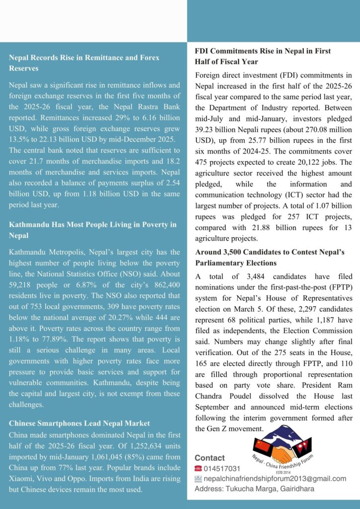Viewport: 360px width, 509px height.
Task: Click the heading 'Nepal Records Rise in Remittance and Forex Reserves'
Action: tap(84, 63)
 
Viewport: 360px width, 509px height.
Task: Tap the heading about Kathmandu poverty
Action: tap(92, 230)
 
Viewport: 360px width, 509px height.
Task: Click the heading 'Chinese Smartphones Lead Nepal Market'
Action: tap(79, 423)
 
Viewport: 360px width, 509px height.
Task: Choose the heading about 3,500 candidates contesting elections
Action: tap(270, 257)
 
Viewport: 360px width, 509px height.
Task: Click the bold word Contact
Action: tap(209, 458)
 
